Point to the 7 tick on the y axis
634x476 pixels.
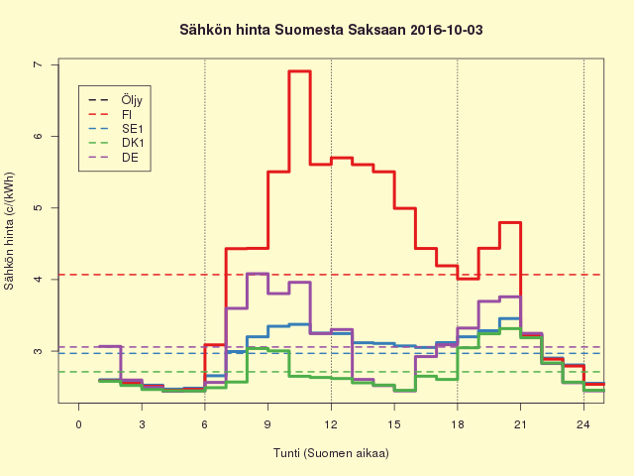pyautogui.click(x=39, y=64)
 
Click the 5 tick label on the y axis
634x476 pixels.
pyautogui.click(x=39, y=208)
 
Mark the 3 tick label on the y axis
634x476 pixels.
pyautogui.click(x=39, y=351)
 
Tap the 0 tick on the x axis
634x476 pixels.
pyautogui.click(x=79, y=424)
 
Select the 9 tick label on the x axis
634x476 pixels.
pyautogui.click(x=267, y=424)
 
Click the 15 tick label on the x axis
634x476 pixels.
pyautogui.click(x=394, y=424)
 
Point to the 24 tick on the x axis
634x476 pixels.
pyautogui.click(x=583, y=424)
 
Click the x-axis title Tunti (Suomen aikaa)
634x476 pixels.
pyautogui.click(x=331, y=453)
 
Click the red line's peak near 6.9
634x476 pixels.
pyautogui.click(x=299, y=71)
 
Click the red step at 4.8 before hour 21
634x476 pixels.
pyautogui.click(x=510, y=222)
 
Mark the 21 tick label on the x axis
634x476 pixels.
pyautogui.click(x=520, y=424)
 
